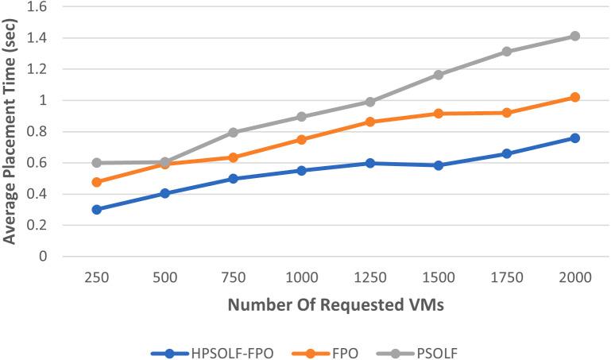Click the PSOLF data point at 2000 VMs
574,37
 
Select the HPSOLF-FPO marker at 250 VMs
96,210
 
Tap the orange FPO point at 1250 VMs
369,122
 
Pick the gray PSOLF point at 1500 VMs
438,75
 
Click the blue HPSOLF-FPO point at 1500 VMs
438,165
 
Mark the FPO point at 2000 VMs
574,97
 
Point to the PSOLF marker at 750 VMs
233,133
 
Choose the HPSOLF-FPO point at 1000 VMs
301,171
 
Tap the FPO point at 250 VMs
96,182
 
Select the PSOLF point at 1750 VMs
506,52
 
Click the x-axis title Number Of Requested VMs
335,305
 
